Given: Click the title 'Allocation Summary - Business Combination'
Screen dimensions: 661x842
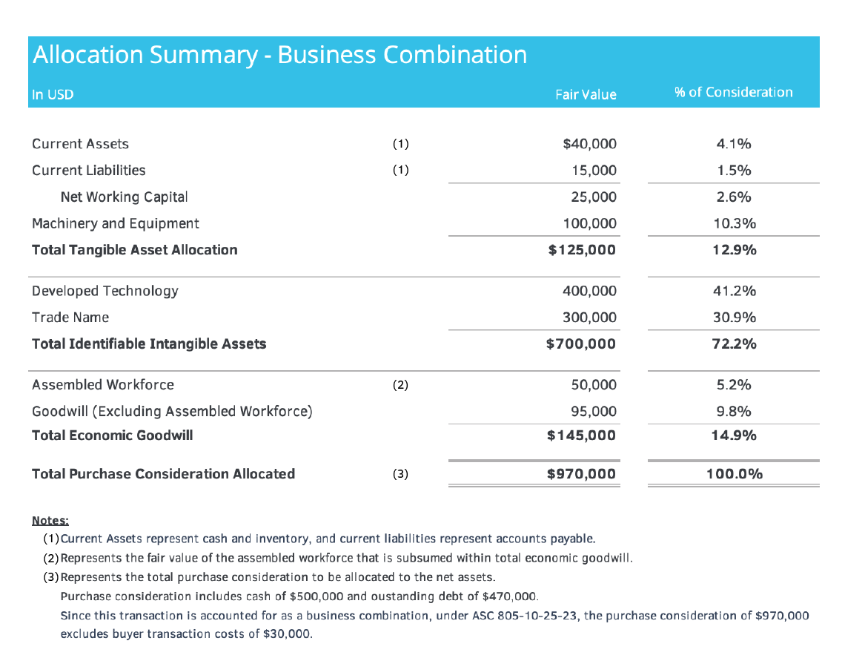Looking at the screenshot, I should pyautogui.click(x=279, y=56).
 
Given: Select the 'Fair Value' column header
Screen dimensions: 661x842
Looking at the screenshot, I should pyautogui.click(x=586, y=94).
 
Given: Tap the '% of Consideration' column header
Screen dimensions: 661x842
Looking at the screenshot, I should pyautogui.click(x=733, y=93).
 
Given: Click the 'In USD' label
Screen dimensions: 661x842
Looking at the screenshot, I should pyautogui.click(x=53, y=95).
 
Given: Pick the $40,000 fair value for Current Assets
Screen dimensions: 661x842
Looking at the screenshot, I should pyautogui.click(x=589, y=144).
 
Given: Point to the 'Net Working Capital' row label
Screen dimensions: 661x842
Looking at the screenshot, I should pyautogui.click(x=124, y=197).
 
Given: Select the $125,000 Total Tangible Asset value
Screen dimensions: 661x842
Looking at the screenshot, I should pyautogui.click(x=582, y=250).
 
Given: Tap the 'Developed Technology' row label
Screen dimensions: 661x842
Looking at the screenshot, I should pyautogui.click(x=105, y=291).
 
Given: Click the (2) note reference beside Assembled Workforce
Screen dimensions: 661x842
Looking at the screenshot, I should pyautogui.click(x=400, y=385).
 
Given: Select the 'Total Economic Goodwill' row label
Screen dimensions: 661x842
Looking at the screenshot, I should pyautogui.click(x=112, y=435).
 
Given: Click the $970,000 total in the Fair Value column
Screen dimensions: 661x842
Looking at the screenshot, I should pyautogui.click(x=582, y=474).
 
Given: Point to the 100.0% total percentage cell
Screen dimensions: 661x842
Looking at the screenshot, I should pyautogui.click(x=734, y=474).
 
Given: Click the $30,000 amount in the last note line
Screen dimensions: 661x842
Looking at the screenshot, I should pyautogui.click(x=291, y=635).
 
